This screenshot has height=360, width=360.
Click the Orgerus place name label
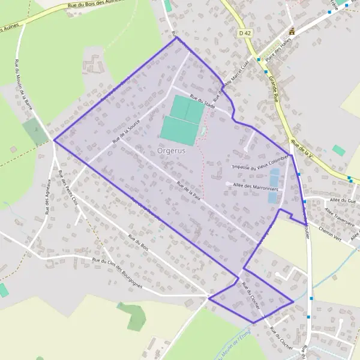click(171, 151)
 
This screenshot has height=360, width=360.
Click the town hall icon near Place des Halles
click(292, 32)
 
